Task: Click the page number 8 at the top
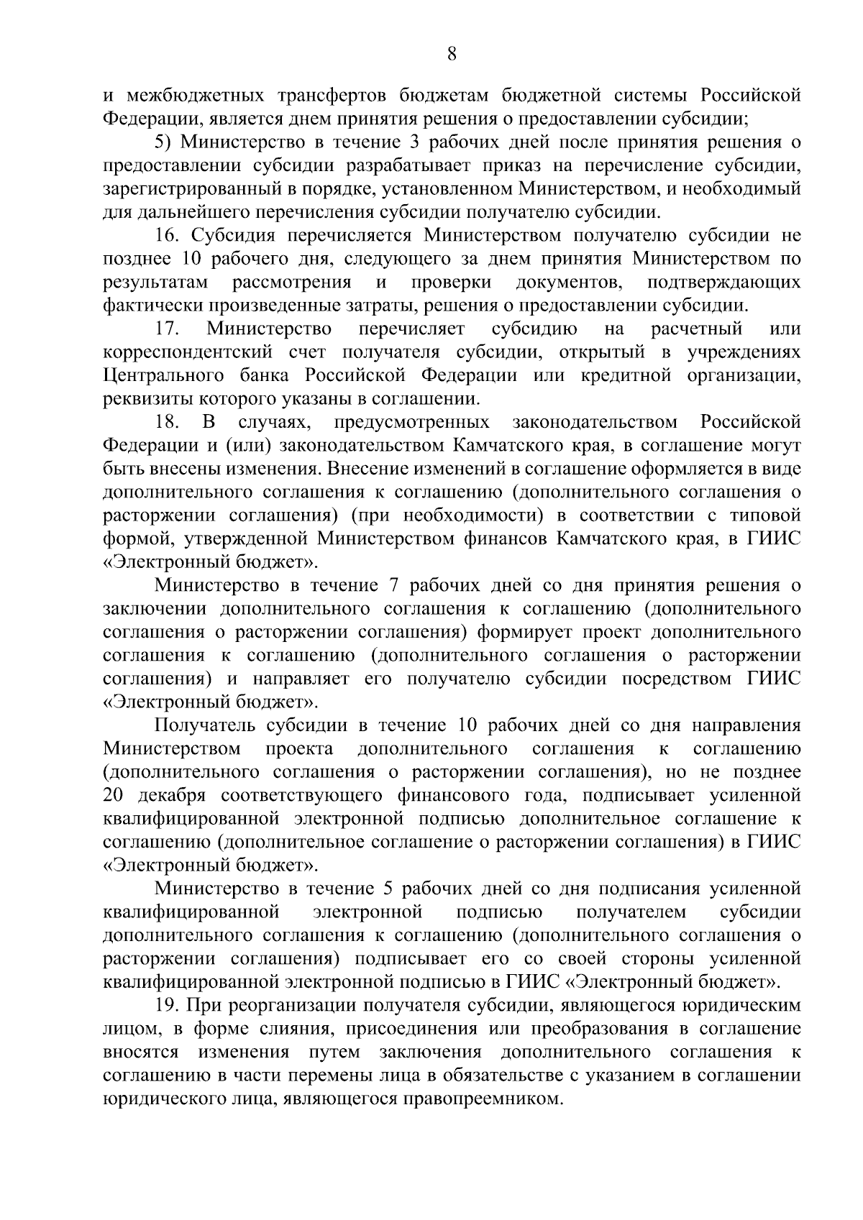(452, 54)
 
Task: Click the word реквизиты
(143, 399)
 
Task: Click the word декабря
(170, 796)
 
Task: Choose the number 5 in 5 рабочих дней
(388, 889)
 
